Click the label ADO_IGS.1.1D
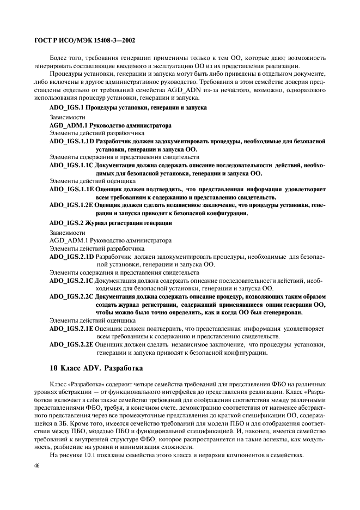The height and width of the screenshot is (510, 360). [x=71, y=141]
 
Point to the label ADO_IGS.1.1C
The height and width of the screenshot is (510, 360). [x=71, y=165]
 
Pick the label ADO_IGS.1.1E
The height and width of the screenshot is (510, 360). [x=71, y=189]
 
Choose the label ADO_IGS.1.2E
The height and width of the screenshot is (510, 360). [x=71, y=205]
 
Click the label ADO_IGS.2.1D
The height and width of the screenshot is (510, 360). [x=71, y=256]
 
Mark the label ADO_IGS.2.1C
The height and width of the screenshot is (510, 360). [x=71, y=280]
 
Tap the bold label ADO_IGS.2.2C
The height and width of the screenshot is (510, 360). [x=71, y=296]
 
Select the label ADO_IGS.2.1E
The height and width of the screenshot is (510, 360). [x=71, y=329]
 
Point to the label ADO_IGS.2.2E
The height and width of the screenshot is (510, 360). [x=71, y=345]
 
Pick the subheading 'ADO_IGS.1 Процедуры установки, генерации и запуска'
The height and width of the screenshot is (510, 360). [x=127, y=108]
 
